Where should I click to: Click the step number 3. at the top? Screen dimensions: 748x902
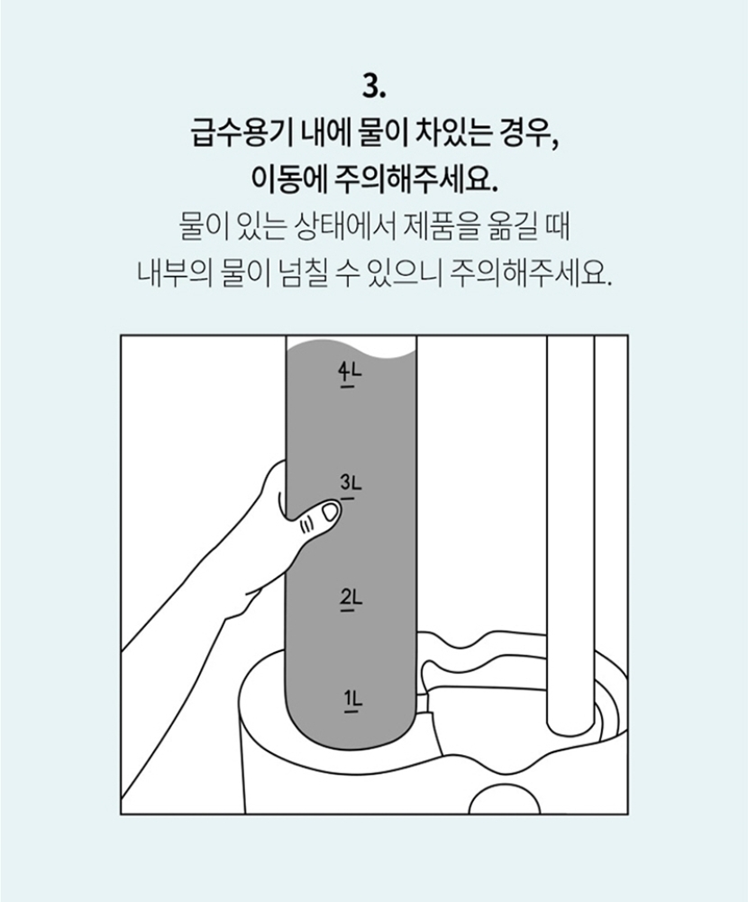point(374,87)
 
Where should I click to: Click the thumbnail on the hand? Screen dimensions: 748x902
point(331,511)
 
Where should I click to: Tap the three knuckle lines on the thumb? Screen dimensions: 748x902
point(306,522)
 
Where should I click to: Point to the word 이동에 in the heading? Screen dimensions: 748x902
point(289,179)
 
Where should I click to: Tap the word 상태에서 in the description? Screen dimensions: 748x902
point(344,227)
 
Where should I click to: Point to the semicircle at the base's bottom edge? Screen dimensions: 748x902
point(505,796)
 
